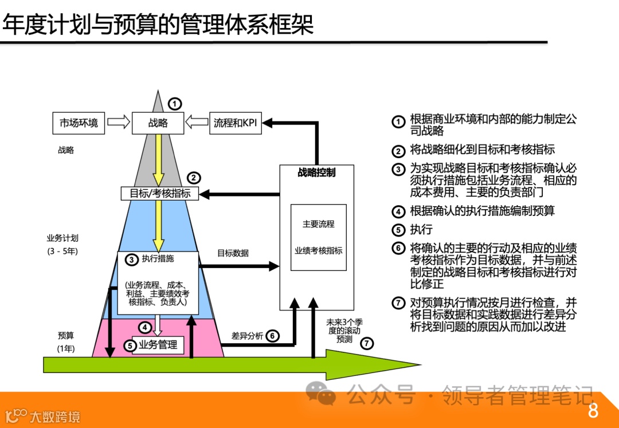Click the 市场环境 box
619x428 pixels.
[79, 123]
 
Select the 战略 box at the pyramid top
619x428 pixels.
[158, 123]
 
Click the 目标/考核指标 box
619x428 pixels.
[160, 194]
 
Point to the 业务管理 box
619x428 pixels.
[158, 345]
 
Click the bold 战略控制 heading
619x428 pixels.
[316, 172]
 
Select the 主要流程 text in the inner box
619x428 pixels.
[318, 224]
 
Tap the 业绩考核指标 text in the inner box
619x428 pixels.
[318, 251]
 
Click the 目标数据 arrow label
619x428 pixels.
[233, 253]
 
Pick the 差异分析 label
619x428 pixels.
[247, 336]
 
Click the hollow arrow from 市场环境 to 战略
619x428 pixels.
[119, 123]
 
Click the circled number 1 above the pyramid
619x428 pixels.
[175, 104]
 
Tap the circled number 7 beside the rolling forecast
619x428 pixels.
[367, 344]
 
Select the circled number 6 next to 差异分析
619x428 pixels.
[273, 336]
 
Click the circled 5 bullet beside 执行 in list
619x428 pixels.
[398, 230]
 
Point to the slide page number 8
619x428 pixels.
[593, 411]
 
